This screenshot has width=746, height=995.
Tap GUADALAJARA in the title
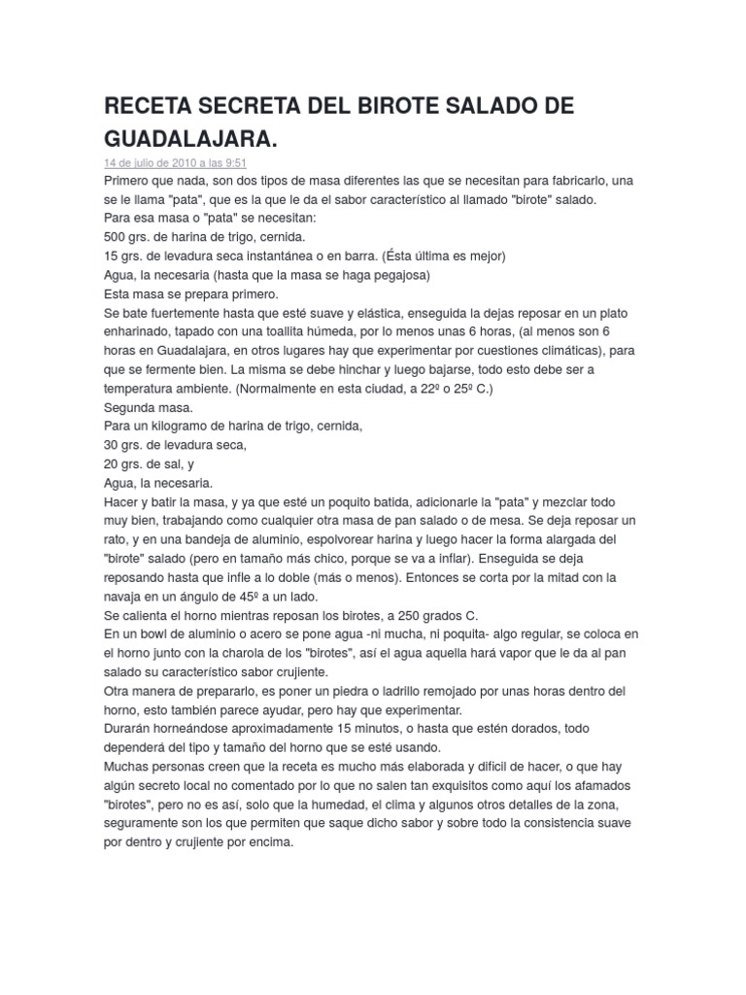point(190,139)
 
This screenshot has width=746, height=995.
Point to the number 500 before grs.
point(116,236)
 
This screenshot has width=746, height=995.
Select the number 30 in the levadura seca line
point(112,445)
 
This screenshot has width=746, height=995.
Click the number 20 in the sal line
point(112,464)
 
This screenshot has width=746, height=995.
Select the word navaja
point(125,596)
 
